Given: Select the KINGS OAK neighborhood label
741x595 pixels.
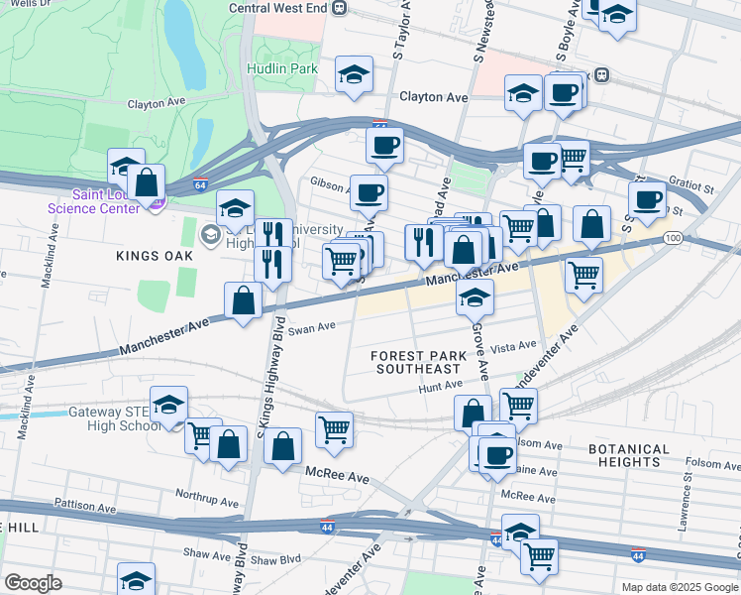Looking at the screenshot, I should tap(152, 256).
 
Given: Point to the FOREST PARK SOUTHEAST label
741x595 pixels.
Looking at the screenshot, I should tap(417, 362).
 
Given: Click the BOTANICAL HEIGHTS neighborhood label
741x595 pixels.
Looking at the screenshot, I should tap(637, 455).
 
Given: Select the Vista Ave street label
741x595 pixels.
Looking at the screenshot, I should tap(513, 347).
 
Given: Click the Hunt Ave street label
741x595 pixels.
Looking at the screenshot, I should tap(440, 385).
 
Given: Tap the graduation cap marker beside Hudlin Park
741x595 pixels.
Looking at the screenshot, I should tap(354, 74).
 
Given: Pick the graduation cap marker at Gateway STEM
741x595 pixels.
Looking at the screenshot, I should tap(169, 404).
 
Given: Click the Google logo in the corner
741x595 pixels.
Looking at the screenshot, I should tap(33, 583).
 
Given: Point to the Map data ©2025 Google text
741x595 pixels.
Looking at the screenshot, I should tap(679, 587).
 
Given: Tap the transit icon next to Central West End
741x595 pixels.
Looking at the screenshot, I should tap(340, 8).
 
